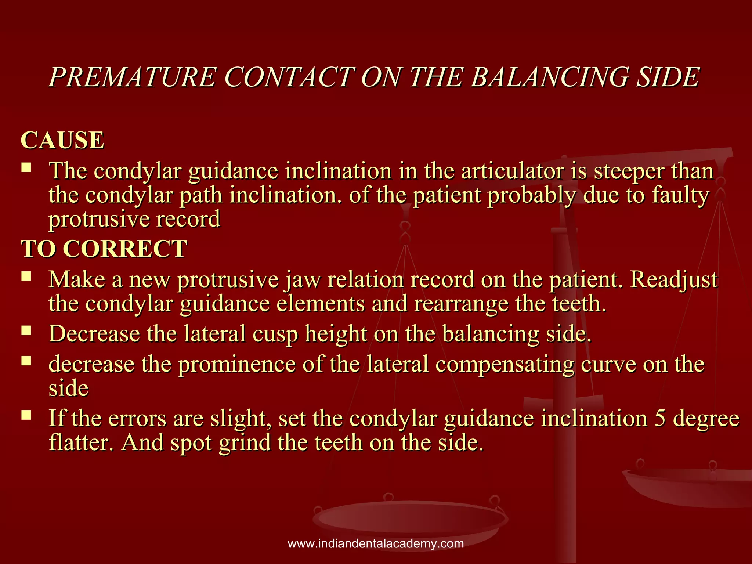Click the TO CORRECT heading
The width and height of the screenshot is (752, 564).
pos(104,249)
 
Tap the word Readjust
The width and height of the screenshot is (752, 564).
pos(674,280)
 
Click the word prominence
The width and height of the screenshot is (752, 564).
pos(237,364)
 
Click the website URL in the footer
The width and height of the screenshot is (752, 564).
pos(376,543)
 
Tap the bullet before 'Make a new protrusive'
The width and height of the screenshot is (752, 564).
pos(26,276)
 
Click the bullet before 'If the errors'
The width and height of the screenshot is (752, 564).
pos(26,415)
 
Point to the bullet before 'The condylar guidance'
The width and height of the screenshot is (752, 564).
pos(26,168)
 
